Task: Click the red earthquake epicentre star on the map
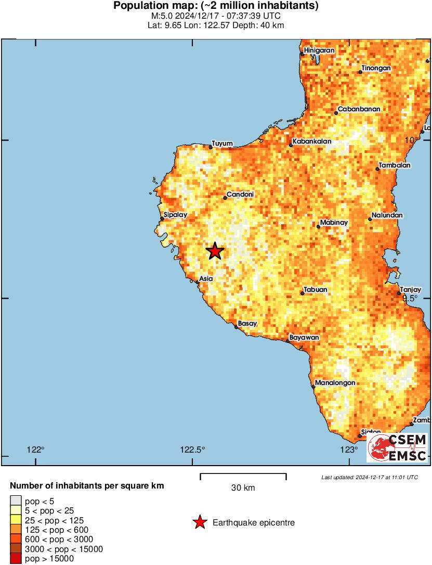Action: [215, 251]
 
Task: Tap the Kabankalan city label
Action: [311, 142]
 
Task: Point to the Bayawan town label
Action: [304, 338]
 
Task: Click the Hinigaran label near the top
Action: [319, 50]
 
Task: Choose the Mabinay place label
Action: [334, 223]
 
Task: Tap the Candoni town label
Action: [240, 195]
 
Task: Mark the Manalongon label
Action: [335, 383]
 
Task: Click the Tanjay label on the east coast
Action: [410, 289]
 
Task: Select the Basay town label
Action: [247, 324]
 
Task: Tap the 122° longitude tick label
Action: [35, 450]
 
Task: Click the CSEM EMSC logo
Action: [397, 448]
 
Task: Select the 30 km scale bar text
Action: [243, 488]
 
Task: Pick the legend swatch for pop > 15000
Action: [16, 559]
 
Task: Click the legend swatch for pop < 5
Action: [16, 500]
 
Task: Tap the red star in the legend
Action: [200, 522]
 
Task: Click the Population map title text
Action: [216, 6]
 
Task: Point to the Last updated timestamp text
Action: [369, 477]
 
